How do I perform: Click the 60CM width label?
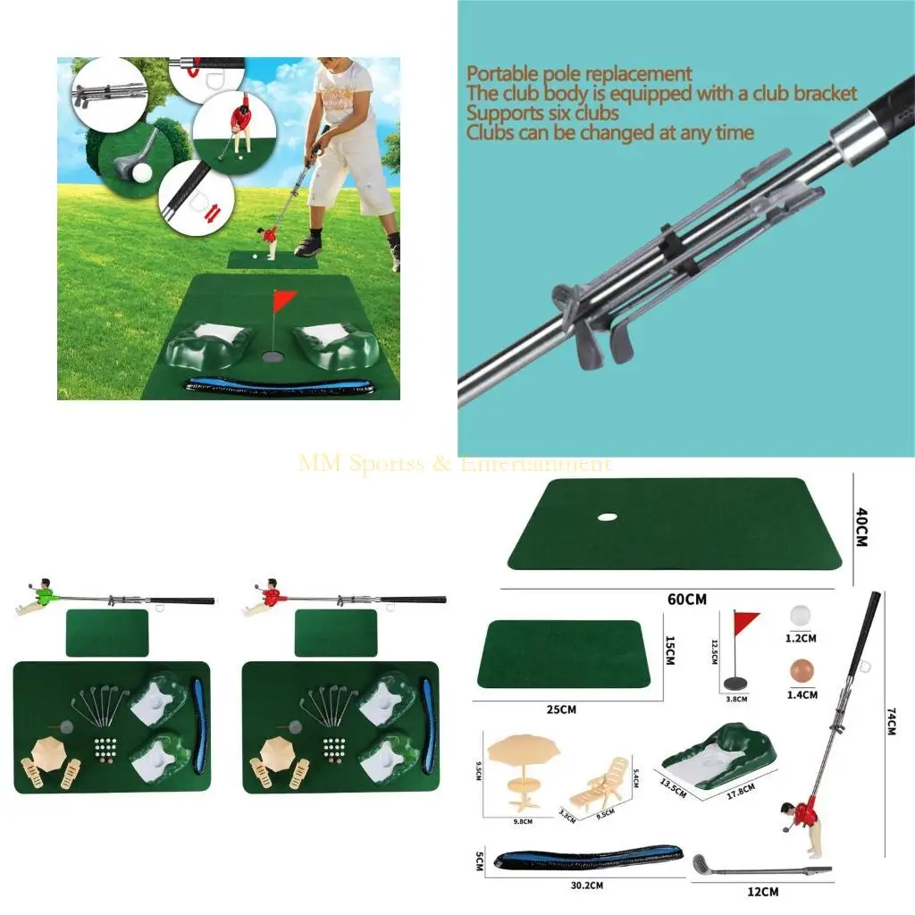tap(685, 599)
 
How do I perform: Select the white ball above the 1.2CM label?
tap(801, 617)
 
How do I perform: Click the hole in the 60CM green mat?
tap(607, 516)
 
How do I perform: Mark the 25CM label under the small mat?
tap(560, 709)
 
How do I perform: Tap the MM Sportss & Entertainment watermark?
tap(455, 464)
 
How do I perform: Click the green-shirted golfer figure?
tap(38, 598)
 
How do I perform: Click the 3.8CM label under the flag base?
tap(735, 699)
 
